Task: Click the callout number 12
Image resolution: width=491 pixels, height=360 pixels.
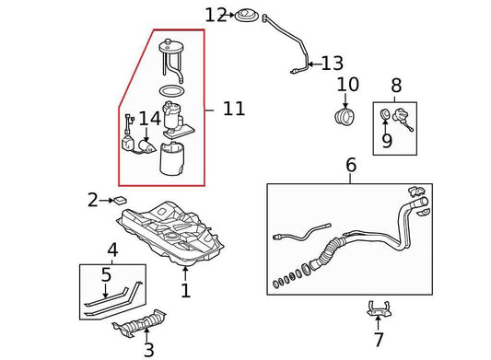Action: click(215, 15)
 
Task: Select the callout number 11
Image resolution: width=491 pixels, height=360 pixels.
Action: click(234, 110)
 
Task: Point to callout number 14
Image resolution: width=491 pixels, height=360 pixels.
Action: click(149, 118)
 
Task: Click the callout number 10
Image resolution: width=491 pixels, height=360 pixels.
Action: click(347, 86)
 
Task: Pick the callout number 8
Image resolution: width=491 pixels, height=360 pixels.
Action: click(396, 86)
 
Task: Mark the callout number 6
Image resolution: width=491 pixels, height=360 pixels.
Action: click(350, 166)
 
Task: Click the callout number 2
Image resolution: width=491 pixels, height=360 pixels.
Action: click(93, 199)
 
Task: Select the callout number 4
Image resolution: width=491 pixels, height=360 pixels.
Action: click(111, 250)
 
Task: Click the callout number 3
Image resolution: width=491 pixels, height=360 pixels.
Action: click(149, 349)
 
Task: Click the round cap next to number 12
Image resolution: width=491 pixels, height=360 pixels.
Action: click(247, 16)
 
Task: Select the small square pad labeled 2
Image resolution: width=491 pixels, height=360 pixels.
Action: click(119, 199)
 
